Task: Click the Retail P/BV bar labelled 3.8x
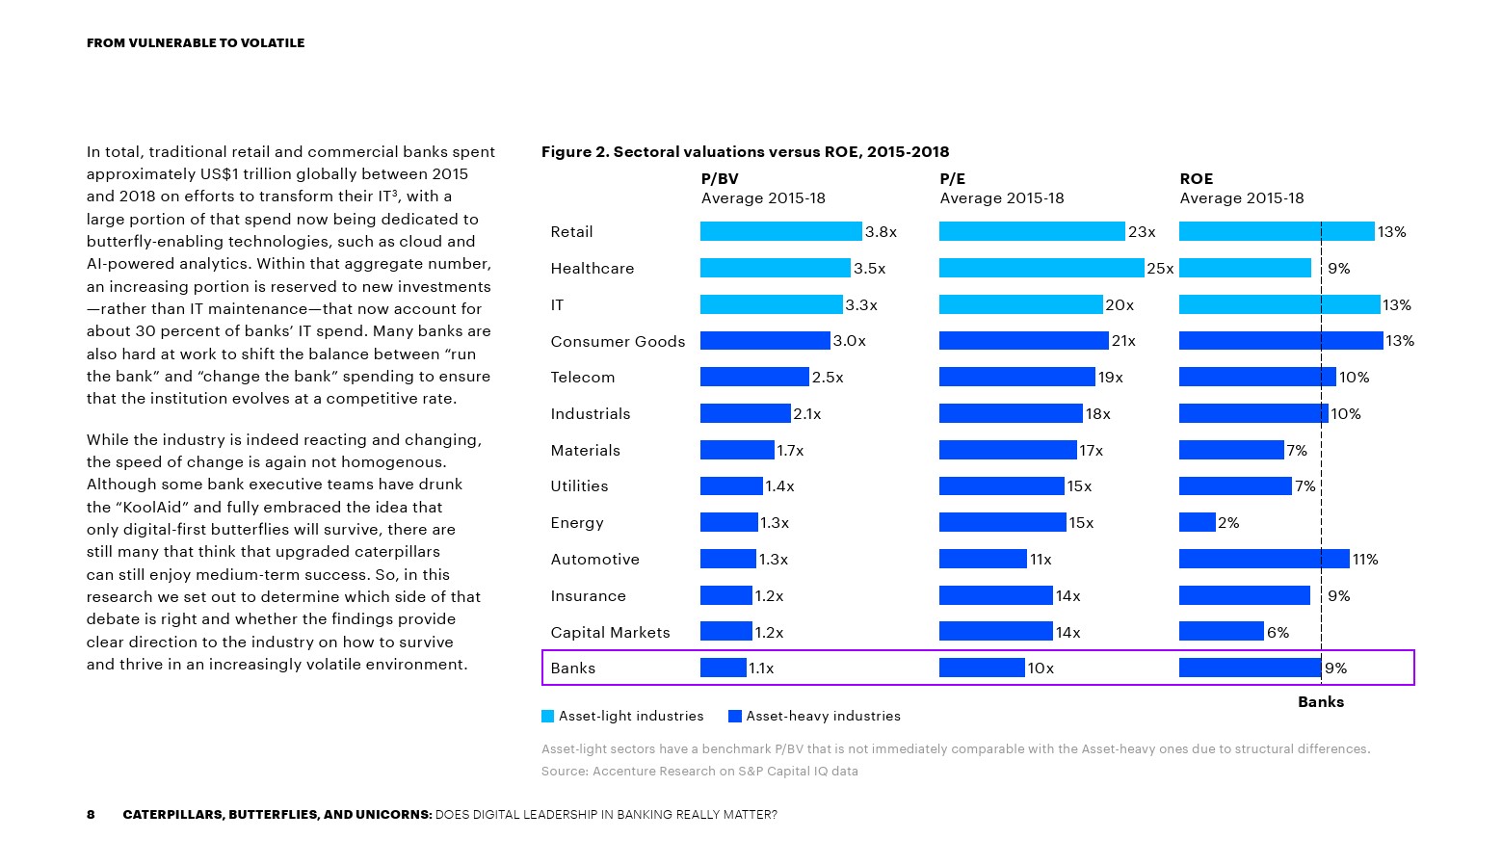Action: [780, 231]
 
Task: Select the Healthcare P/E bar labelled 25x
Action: [1041, 268]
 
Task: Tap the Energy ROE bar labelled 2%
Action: [1197, 522]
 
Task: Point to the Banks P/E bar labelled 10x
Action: [981, 668]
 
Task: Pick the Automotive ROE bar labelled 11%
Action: [1263, 559]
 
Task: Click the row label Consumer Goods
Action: [618, 341]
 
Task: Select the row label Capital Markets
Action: [610, 632]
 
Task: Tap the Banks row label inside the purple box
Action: [573, 668]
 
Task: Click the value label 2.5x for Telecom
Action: [828, 378]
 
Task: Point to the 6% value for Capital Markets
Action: [1278, 632]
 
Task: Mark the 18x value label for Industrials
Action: [1098, 414]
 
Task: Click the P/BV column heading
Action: [720, 178]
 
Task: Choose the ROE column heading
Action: [1196, 178]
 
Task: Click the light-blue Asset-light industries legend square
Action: [548, 716]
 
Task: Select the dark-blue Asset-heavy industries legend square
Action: [735, 716]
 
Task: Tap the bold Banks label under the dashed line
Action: [1320, 701]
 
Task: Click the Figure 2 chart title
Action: [745, 151]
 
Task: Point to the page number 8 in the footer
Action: [91, 814]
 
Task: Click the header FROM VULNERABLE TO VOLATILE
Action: [196, 42]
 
